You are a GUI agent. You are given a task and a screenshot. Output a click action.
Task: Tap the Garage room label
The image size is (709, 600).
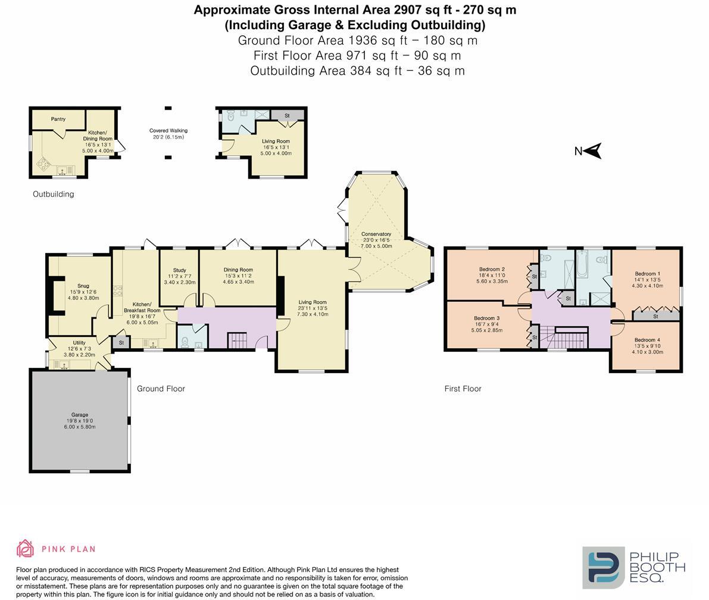pyautogui.click(x=80, y=415)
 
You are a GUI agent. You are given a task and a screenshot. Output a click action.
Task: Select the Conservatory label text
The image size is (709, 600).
pyautogui.click(x=376, y=234)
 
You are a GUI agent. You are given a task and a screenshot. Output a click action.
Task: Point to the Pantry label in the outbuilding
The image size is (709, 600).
pyautogui.click(x=58, y=119)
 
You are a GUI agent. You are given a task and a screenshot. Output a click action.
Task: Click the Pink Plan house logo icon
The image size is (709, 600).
pyautogui.click(x=26, y=548)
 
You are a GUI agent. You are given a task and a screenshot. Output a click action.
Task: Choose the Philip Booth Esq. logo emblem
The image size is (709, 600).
pyautogui.click(x=604, y=567)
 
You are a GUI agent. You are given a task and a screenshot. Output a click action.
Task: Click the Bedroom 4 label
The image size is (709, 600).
pyautogui.click(x=647, y=340)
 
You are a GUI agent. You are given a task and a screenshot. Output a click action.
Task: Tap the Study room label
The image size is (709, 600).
pyautogui.click(x=180, y=270)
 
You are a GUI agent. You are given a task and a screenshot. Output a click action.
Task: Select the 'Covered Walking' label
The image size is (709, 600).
pyautogui.click(x=168, y=131)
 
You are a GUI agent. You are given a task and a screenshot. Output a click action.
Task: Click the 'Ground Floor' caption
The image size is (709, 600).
pyautogui.click(x=161, y=389)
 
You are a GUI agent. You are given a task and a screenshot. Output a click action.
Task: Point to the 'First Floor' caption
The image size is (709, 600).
pyautogui.click(x=463, y=389)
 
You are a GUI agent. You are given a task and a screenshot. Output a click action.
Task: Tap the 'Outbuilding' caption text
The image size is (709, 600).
pyautogui.click(x=54, y=195)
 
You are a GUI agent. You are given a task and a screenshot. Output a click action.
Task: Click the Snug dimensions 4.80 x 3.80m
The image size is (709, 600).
pyautogui.click(x=83, y=298)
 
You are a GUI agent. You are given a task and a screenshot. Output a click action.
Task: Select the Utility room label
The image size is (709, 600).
pyautogui.click(x=79, y=343)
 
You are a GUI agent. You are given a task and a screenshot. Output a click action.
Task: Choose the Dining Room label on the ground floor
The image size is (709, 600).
pyautogui.click(x=238, y=270)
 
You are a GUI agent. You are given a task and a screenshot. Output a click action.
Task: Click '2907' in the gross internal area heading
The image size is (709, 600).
pyautogui.click(x=405, y=10)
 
